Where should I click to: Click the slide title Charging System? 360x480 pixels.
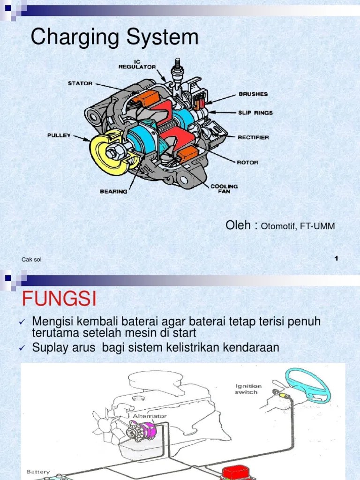(x=114, y=37)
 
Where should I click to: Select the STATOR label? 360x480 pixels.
(x=80, y=84)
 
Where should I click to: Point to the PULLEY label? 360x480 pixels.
(x=59, y=135)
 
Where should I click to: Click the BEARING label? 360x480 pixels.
(x=113, y=191)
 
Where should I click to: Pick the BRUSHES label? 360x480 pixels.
(x=253, y=94)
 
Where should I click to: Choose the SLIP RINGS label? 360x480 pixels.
(x=255, y=112)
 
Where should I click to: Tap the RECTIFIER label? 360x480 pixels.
(x=253, y=137)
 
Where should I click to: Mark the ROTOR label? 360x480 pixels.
(x=247, y=163)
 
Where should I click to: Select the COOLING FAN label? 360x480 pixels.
(x=224, y=188)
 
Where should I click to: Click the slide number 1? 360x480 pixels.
(x=337, y=259)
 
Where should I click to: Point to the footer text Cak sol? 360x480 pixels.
(x=32, y=260)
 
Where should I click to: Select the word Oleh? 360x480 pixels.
(x=240, y=225)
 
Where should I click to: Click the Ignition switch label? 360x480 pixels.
(x=249, y=389)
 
